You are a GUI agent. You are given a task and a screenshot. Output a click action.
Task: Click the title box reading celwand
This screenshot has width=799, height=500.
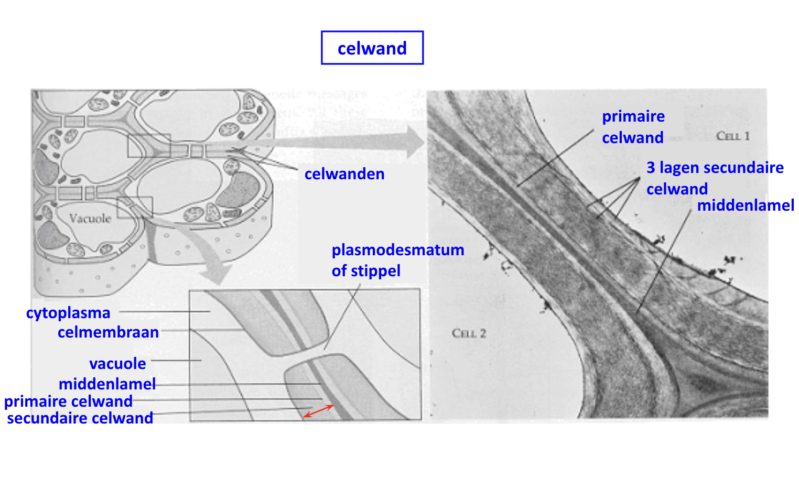point(372,48)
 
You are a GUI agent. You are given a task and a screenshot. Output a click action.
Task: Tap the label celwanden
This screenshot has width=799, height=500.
point(344,174)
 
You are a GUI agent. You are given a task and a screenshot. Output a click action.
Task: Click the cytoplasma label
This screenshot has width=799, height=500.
point(68,313)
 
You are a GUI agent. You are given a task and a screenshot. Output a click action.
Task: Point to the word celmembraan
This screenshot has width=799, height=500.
point(108,332)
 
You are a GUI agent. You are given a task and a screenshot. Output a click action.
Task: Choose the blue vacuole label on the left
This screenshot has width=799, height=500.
point(117,363)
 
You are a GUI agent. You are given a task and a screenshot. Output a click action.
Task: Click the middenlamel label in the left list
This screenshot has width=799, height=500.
point(107,384)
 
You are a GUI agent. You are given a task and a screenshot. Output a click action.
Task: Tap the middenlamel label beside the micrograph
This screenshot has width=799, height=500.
point(746,205)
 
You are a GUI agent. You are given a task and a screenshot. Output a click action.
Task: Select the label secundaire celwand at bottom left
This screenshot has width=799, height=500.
point(80,418)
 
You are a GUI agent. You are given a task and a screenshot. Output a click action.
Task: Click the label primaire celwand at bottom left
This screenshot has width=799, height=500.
point(68,401)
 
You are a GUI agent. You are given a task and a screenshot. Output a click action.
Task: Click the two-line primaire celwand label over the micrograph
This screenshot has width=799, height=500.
point(633,127)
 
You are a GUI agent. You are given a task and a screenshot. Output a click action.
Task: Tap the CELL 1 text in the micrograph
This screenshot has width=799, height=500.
point(733,136)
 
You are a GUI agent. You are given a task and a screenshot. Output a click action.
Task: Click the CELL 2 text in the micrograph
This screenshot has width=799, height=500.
point(469,333)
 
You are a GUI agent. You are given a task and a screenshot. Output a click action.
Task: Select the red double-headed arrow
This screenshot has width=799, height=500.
point(319,411)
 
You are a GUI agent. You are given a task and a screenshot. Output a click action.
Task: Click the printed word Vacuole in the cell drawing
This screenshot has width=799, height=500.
point(90,219)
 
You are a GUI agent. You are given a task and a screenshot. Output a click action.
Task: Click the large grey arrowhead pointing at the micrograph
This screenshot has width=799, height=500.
point(416,142)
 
